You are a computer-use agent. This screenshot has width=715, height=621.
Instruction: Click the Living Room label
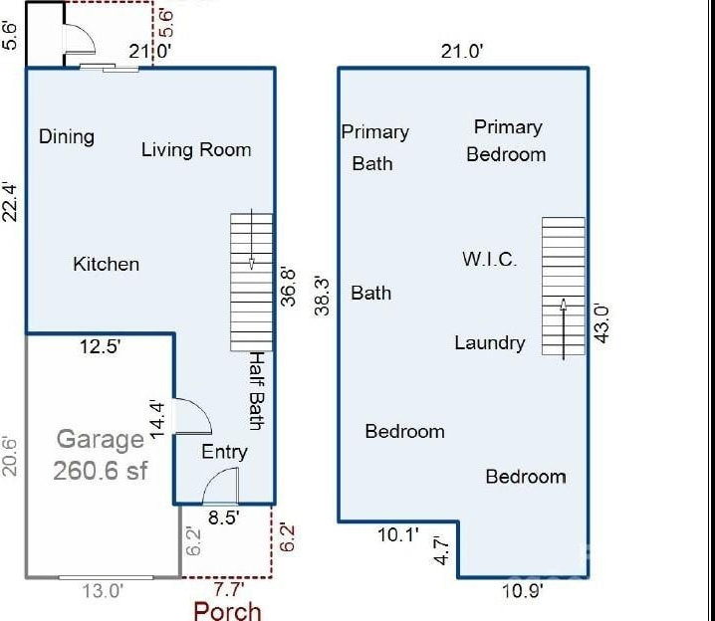point(196,150)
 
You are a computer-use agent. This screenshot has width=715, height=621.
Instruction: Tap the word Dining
point(67,136)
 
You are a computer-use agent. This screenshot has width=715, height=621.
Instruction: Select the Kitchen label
point(107,264)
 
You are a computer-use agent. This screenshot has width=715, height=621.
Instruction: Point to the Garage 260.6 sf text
point(101,455)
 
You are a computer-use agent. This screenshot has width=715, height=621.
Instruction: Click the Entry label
point(224,452)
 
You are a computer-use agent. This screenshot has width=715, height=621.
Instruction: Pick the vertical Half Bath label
point(256,390)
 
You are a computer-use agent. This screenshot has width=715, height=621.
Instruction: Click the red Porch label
point(227,610)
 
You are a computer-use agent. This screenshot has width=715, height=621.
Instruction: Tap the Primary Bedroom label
point(507,140)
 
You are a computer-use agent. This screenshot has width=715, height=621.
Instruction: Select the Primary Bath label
point(374,147)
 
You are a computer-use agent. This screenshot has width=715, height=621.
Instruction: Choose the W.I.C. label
point(489,260)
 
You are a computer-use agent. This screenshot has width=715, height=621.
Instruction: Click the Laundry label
point(489,343)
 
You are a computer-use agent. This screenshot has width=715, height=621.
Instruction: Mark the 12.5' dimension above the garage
point(100,347)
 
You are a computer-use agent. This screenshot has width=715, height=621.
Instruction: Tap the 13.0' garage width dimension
point(103,590)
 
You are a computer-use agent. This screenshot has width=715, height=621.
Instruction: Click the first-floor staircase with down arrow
point(251,276)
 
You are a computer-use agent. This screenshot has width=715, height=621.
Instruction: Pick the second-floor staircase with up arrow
point(564,287)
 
